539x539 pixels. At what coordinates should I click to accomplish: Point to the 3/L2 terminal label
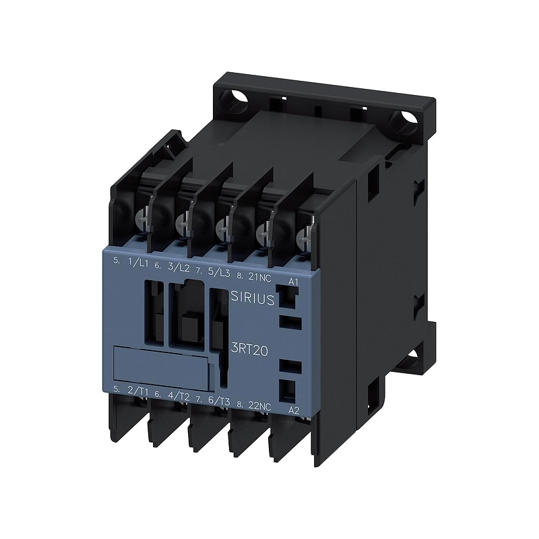(179, 267)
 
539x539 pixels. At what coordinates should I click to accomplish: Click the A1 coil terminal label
(292, 280)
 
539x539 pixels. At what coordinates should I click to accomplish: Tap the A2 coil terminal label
(293, 409)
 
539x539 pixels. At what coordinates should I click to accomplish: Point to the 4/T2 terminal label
(179, 395)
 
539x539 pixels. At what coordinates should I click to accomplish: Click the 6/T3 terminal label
(220, 401)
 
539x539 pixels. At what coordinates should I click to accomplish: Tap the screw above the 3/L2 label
(181, 221)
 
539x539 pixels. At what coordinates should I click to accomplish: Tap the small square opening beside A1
(284, 294)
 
